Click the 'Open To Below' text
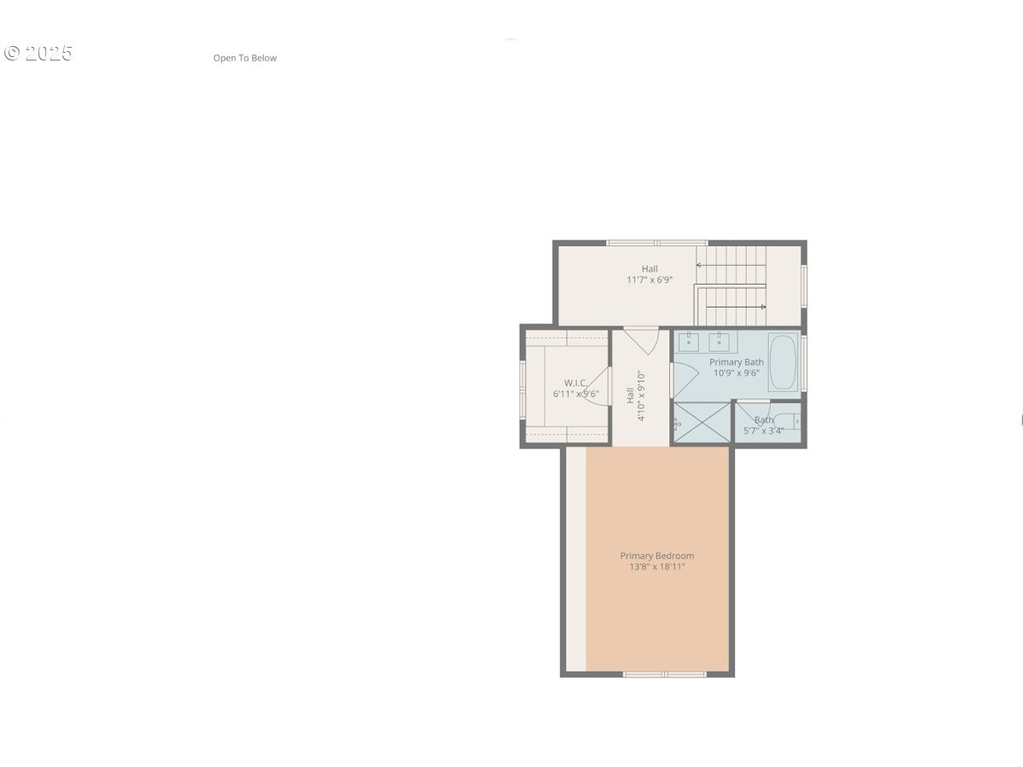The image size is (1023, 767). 245,58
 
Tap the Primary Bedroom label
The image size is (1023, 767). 656,556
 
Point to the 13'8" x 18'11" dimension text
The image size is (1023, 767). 656,567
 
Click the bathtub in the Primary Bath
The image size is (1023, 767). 783,362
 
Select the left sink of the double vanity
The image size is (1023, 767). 689,342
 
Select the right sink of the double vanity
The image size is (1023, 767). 720,342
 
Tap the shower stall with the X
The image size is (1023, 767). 702,423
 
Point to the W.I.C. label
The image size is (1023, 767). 575,383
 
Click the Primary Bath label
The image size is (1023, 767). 737,362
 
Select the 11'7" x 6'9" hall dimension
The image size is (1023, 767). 650,280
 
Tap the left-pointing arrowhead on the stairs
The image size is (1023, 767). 699,265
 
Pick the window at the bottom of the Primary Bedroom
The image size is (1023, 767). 664,674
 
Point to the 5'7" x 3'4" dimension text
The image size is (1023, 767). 763,431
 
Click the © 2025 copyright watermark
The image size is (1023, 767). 38,53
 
